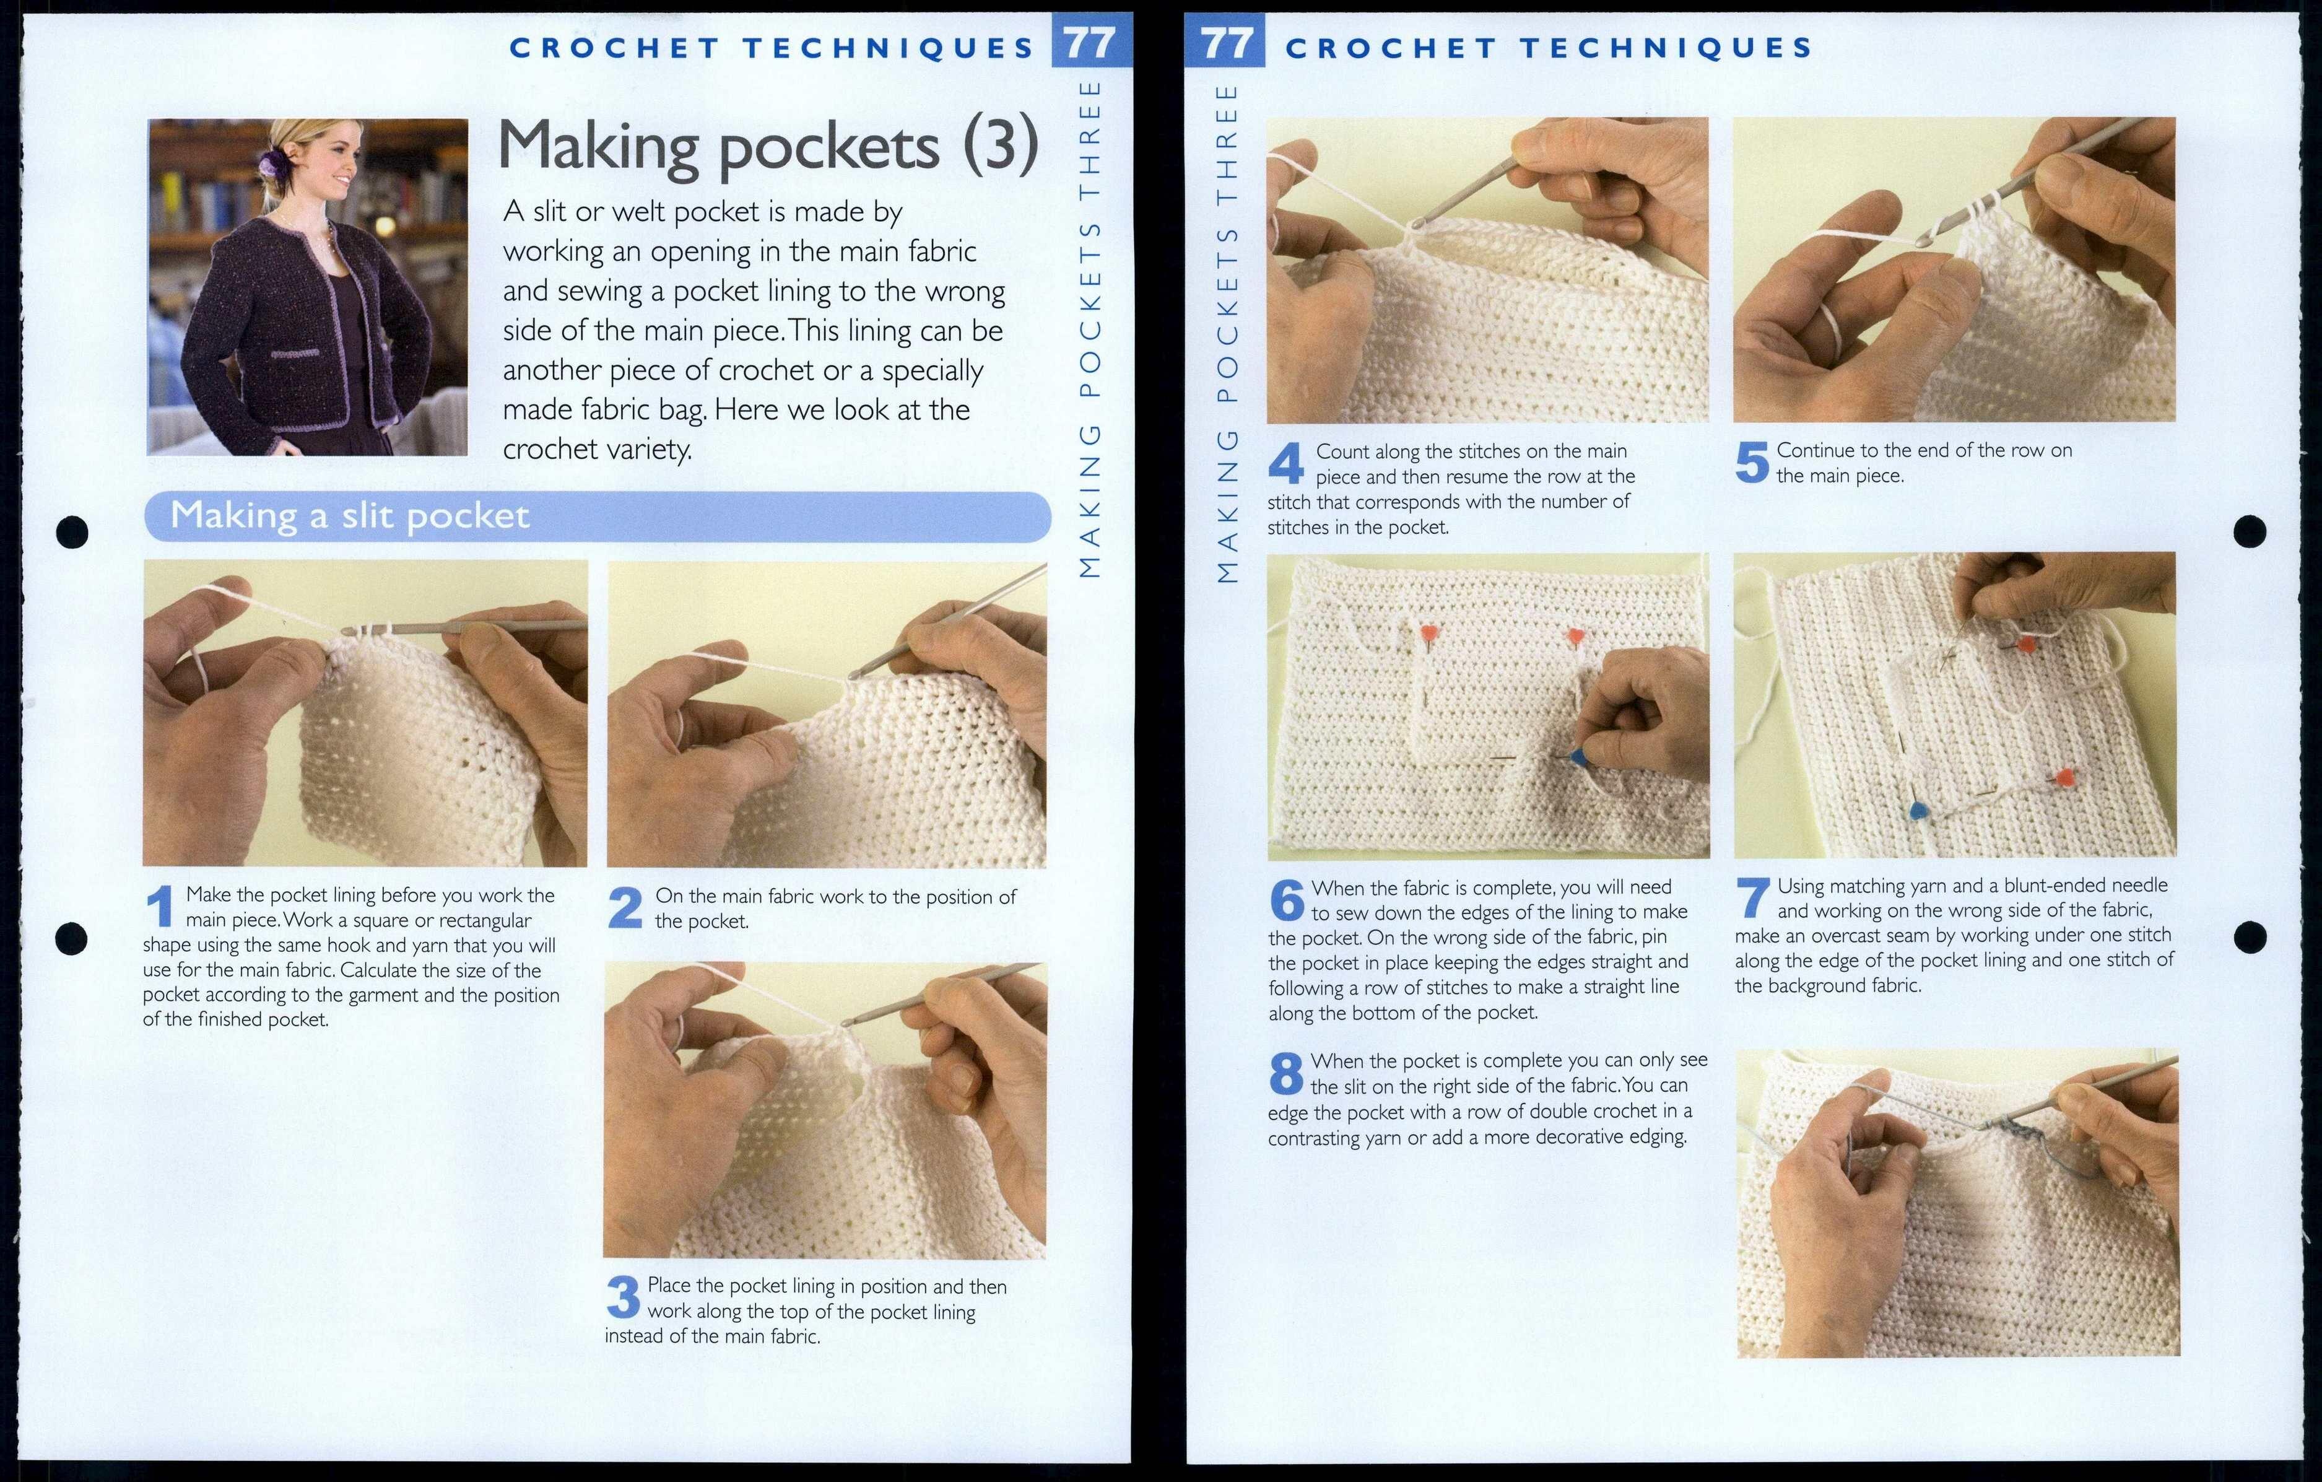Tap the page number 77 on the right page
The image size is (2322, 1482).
click(1227, 45)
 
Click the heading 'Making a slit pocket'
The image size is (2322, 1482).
click(350, 516)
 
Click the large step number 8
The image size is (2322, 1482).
click(1286, 1074)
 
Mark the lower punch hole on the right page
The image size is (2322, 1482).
click(2250, 936)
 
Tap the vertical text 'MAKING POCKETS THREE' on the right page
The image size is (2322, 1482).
click(1227, 333)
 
